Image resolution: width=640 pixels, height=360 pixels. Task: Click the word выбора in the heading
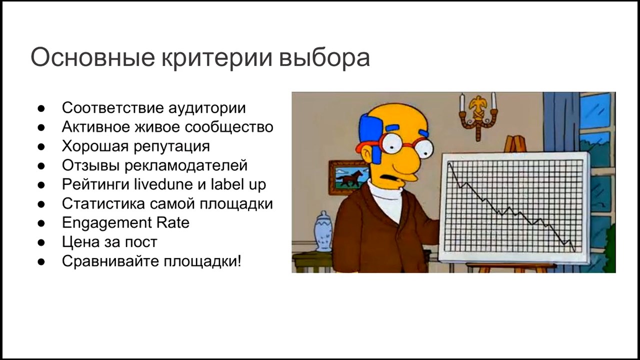pos(324,58)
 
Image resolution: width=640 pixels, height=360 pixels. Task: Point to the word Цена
pos(81,242)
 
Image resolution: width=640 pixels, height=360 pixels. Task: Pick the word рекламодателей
pos(186,165)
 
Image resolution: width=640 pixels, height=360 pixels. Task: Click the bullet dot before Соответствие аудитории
pos(41,108)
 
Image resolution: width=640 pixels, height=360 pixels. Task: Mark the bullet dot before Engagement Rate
pos(41,223)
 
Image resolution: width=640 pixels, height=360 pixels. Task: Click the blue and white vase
pos(323,231)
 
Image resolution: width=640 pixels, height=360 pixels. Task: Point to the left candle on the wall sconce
pos(462,103)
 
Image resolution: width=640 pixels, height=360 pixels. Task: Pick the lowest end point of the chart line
pos(575,251)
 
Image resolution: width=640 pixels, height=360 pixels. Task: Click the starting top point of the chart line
pos(449,162)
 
